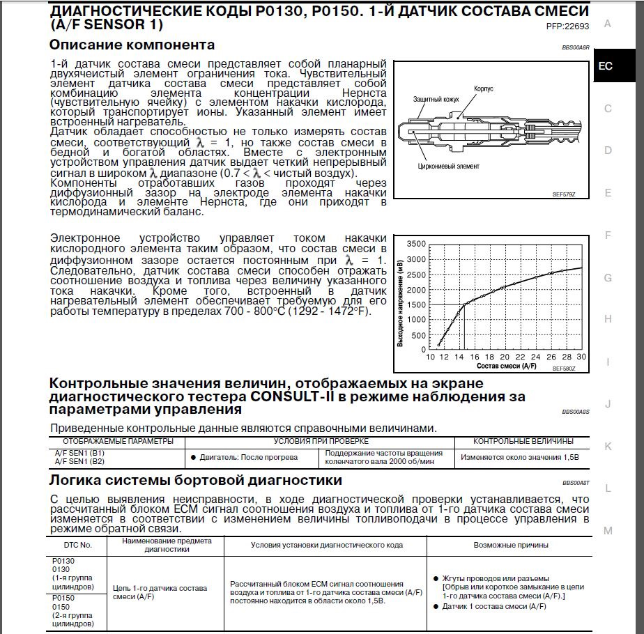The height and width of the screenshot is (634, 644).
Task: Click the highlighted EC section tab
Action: coord(606,66)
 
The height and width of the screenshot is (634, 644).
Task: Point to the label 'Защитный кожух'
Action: coord(436,100)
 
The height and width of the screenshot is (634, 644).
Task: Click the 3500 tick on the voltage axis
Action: coord(415,244)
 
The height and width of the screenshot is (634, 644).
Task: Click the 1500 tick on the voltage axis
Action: coord(415,304)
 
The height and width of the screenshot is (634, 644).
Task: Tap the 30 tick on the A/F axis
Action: coord(581,357)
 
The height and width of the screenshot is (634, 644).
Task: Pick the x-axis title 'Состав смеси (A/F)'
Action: coord(507,365)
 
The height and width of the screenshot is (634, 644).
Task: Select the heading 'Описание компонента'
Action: coord(132,45)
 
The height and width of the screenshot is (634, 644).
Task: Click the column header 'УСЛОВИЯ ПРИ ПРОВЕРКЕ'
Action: coord(321,441)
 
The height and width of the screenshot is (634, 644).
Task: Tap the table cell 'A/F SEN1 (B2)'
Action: coord(79,461)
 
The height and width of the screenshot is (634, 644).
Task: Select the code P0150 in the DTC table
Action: coord(63,597)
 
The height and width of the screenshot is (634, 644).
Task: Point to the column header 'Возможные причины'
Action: coord(505,545)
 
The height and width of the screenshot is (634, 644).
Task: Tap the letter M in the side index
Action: coord(608,530)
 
